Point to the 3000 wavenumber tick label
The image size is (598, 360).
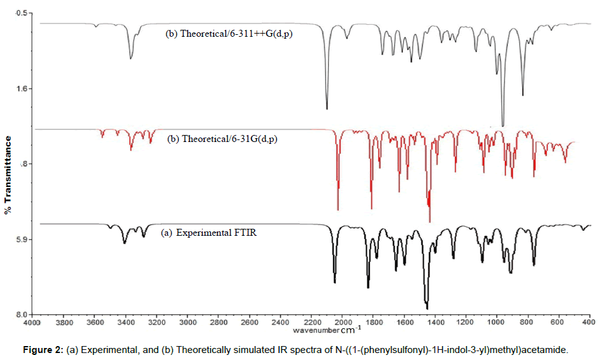coord(187,322)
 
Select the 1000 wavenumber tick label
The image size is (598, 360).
coord(496,322)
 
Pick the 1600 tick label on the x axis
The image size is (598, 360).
coord(404,322)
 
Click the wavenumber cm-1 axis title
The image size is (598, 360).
coord(328,330)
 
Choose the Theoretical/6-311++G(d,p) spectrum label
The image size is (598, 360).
coord(232,34)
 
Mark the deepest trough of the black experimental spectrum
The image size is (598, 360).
coord(427,309)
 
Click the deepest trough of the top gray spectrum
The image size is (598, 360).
coord(502,125)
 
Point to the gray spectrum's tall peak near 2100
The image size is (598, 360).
coord(327,108)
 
